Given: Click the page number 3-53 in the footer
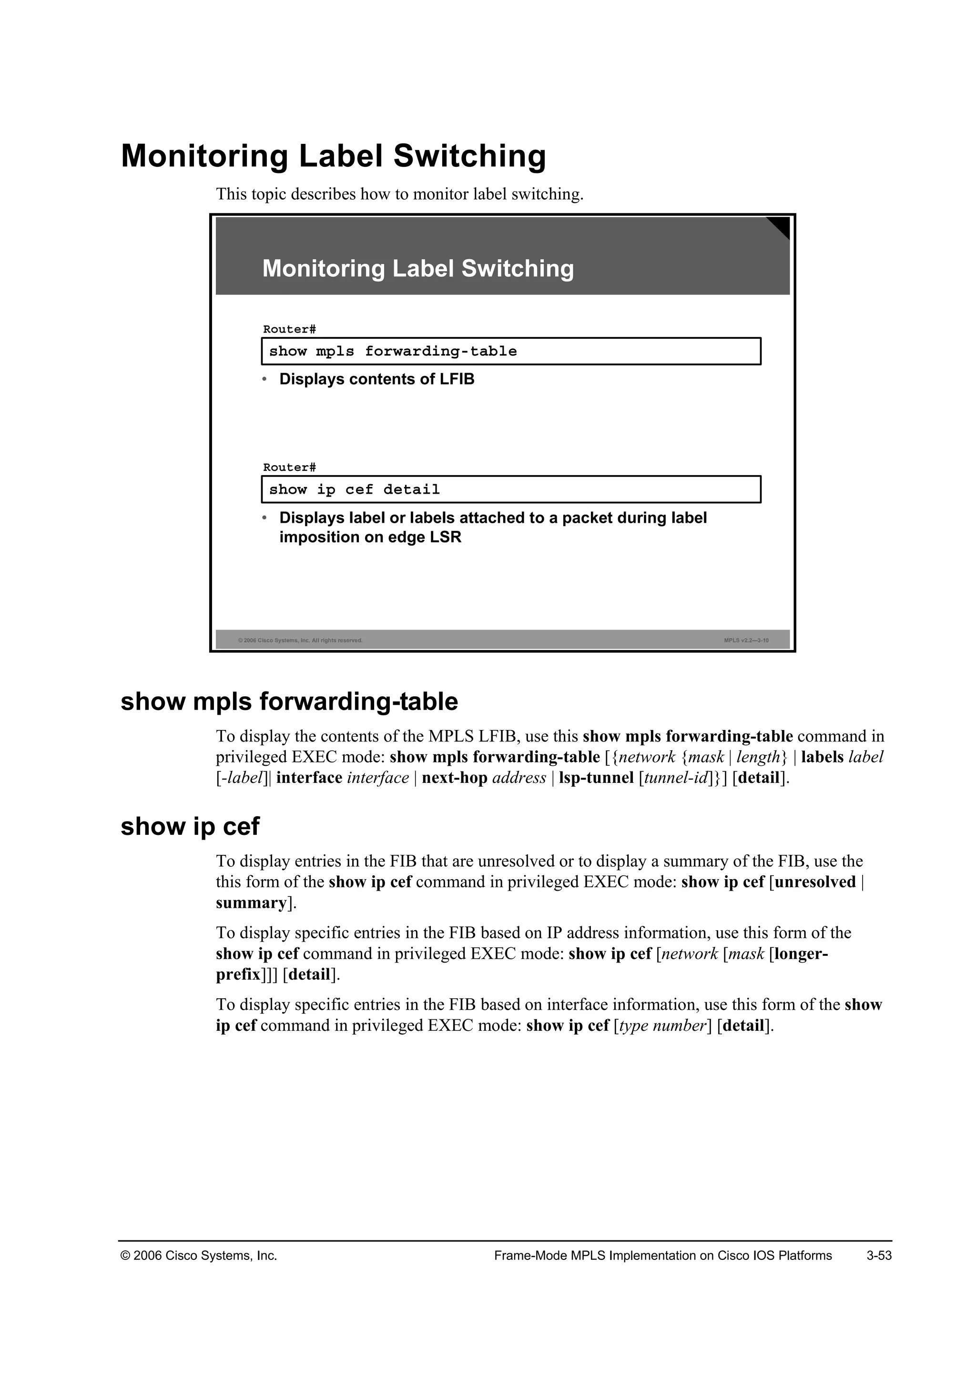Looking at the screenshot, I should (x=879, y=1256).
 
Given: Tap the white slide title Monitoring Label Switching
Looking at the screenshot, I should (x=417, y=268).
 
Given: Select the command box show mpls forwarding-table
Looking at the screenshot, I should (x=511, y=351).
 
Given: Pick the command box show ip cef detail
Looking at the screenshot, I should (x=511, y=489).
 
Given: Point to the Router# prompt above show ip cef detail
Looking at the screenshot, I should (x=289, y=467).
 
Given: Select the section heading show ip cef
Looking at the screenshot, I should (x=190, y=826).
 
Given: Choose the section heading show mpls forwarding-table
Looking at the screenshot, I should (x=289, y=701).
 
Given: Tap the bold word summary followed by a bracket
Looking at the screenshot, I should (x=251, y=903).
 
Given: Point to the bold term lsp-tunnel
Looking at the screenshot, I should (x=596, y=778).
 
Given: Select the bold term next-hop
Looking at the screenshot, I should (x=454, y=778).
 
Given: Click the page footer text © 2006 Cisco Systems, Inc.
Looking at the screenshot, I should (x=199, y=1256).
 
